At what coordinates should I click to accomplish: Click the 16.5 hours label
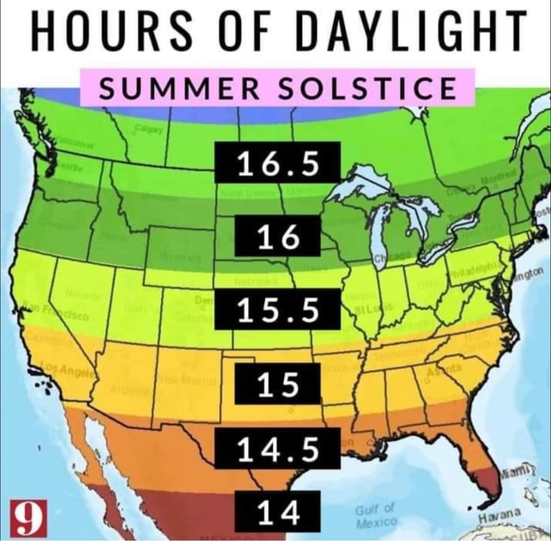[277, 163]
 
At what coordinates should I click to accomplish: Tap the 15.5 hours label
[277, 310]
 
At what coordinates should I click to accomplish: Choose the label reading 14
[277, 513]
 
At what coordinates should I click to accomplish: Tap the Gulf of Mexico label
[375, 514]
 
